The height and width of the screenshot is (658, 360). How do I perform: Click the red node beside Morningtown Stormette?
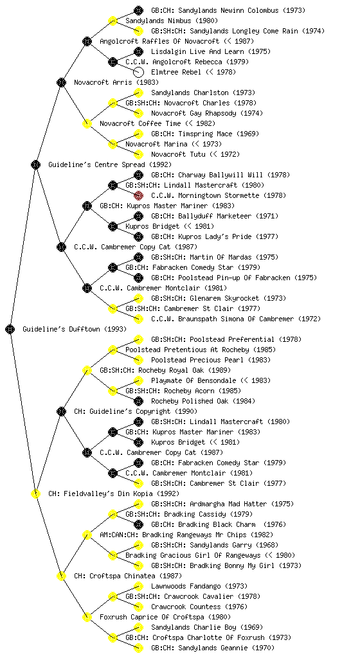coord(138,195)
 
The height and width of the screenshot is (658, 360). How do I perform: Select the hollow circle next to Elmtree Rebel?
coord(138,72)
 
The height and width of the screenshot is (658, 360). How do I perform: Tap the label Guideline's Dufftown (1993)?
coord(75,329)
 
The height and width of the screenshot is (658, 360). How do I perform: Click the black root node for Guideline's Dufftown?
coord(10,329)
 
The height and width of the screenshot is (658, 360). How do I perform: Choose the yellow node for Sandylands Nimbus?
coord(113,21)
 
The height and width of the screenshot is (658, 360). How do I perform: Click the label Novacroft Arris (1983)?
coord(116,82)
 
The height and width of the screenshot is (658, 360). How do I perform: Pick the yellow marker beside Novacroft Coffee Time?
coord(87,123)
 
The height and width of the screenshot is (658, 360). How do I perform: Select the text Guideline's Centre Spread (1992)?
coord(110,164)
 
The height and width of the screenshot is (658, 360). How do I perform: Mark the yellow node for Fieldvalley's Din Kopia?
coord(35,493)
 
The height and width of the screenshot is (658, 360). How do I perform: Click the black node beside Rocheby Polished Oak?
coord(138,401)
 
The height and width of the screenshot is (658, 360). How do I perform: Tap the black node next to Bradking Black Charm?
coord(138,524)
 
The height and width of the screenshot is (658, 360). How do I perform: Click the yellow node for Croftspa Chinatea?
coord(61,576)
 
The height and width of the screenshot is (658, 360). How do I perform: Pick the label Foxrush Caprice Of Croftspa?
coord(165,617)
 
